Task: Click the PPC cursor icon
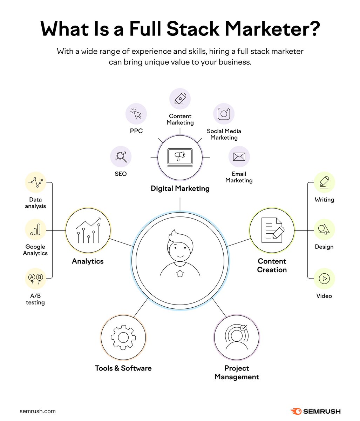(136, 114)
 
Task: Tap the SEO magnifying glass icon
(121, 156)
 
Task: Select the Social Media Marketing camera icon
(224, 114)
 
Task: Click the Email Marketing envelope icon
(239, 156)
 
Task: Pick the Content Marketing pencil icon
(180, 99)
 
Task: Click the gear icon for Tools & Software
(123, 337)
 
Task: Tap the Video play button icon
(324, 279)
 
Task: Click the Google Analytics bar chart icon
(35, 230)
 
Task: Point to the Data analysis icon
(35, 182)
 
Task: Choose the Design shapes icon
(324, 230)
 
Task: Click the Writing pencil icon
(324, 182)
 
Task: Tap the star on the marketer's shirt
(180, 273)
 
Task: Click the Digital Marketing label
(180, 188)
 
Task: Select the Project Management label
(237, 373)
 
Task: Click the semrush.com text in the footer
(38, 411)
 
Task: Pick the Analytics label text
(88, 261)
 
